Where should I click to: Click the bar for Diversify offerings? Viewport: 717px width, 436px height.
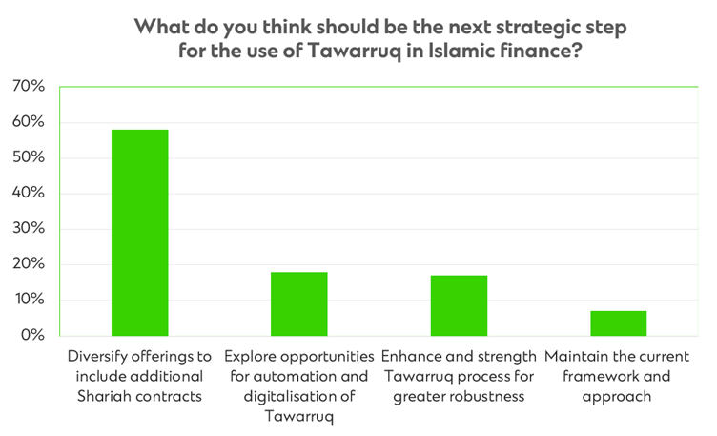[x=139, y=233]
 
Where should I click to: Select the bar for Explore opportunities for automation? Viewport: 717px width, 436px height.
[x=298, y=303]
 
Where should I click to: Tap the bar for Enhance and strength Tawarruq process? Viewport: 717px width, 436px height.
[x=459, y=305]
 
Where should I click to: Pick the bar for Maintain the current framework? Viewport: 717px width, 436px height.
[x=618, y=323]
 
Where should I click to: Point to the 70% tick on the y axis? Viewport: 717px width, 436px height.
[x=28, y=87]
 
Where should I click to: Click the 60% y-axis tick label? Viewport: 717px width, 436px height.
[x=28, y=122]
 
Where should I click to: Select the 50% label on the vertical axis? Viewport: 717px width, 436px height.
[x=28, y=157]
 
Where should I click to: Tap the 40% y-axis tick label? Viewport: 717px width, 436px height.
[x=28, y=193]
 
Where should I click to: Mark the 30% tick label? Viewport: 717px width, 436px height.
[x=28, y=229]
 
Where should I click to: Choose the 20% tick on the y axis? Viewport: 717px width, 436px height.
[x=28, y=264]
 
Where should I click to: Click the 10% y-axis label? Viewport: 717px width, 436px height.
[x=28, y=300]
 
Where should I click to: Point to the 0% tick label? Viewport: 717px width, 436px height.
[x=31, y=335]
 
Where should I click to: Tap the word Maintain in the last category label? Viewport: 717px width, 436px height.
[x=578, y=356]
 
